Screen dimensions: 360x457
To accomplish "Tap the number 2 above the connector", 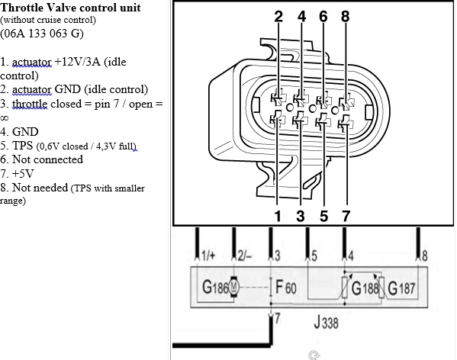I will tap(278, 16).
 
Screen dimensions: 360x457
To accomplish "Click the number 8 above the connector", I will tap(346, 16).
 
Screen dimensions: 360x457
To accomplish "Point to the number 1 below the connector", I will tap(278, 217).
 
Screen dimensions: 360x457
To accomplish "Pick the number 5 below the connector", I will tap(323, 217).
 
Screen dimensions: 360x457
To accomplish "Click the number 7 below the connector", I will tap(346, 217).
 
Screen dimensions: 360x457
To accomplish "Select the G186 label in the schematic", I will tap(214, 288).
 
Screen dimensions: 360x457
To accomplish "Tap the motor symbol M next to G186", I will tap(234, 288).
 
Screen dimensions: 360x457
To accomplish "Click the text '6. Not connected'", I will tap(41, 159).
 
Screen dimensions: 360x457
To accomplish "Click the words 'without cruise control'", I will tap(48, 20).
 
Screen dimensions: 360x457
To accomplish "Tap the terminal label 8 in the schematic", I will tap(423, 255).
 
